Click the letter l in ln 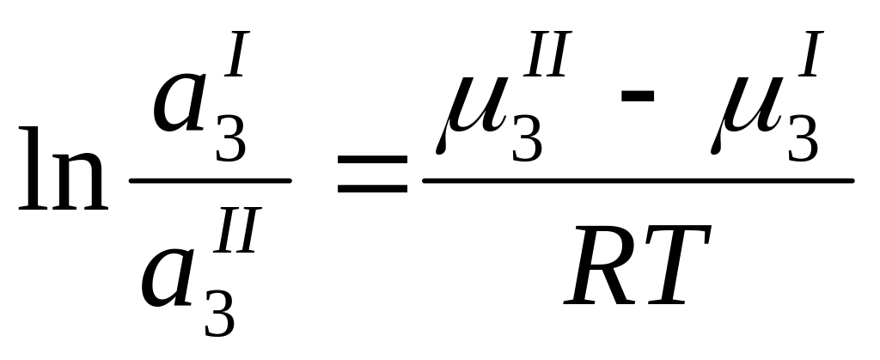point(32,169)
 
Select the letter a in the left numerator point(182,108)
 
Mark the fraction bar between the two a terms point(209,181)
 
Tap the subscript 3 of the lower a point(220,314)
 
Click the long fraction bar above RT point(637,180)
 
